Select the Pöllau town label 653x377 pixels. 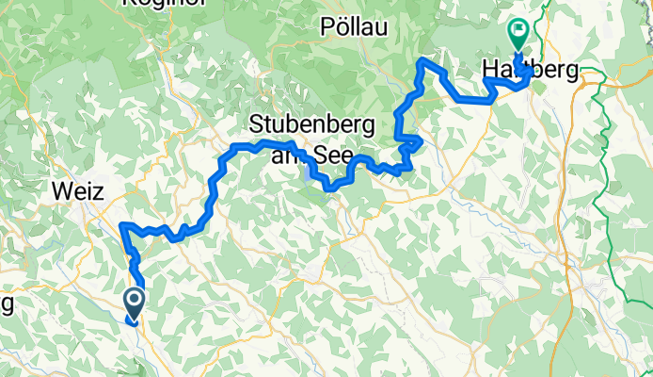tap(355, 25)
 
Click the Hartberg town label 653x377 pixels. tap(529, 70)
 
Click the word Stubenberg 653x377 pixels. tap(313, 124)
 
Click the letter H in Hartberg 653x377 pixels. tap(489, 70)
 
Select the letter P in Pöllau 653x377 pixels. tap(328, 25)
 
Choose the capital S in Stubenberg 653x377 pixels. tap(257, 124)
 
